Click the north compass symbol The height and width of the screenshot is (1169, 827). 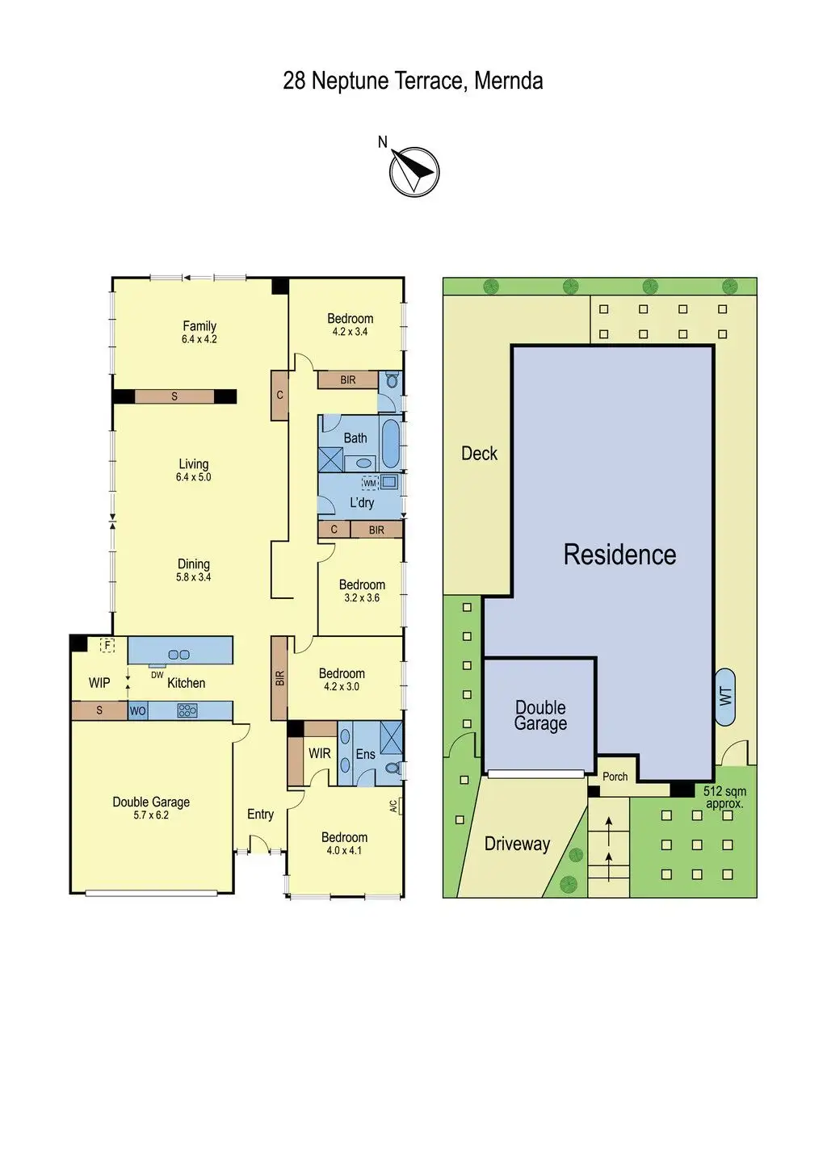413,171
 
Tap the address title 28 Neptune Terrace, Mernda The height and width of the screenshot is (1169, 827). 413,81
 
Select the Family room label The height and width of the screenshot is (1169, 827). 199,326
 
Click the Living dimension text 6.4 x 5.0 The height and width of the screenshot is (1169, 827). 194,477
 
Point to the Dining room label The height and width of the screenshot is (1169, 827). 194,564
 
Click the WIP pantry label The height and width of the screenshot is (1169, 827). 99,683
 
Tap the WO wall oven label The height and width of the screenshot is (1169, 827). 138,711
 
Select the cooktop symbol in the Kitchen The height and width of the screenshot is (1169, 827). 187,710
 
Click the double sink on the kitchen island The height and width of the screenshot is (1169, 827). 178,654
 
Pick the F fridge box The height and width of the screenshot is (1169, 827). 107,645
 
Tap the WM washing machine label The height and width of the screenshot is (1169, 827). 369,484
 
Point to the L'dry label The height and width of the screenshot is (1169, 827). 362,502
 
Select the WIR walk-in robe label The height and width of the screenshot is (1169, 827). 319,753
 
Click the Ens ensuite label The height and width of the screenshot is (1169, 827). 365,754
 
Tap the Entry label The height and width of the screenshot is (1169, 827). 260,815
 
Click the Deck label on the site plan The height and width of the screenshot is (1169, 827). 479,454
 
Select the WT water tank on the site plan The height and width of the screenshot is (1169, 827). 725,694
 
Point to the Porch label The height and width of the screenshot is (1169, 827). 615,777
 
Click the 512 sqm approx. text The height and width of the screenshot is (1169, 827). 724,798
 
